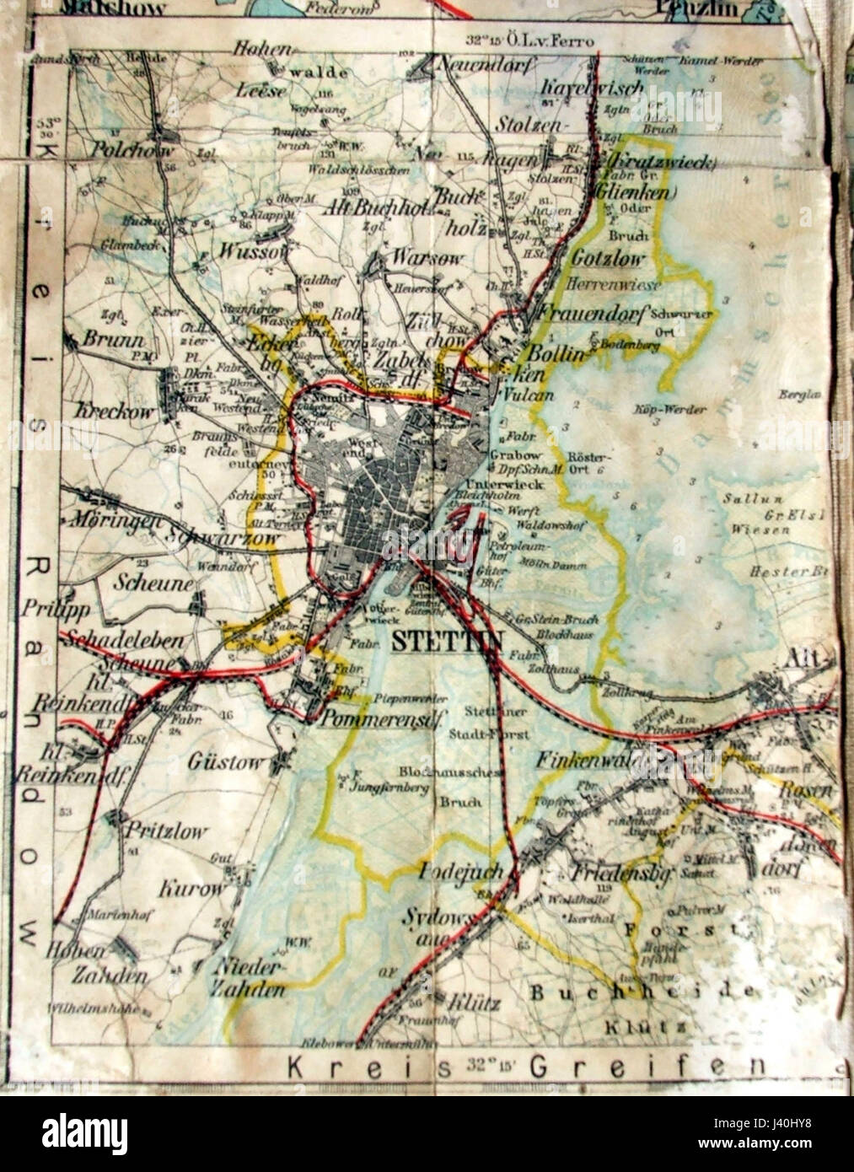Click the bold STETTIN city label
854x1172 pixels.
[x=446, y=641]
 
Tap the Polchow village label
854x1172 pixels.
[x=132, y=151]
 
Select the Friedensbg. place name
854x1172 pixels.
[x=620, y=874]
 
